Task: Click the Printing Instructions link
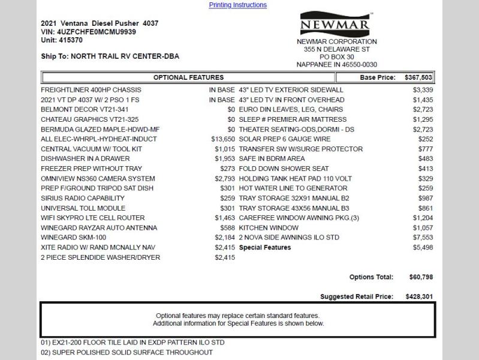point(237,5)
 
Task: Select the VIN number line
point(88,32)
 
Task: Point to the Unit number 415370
point(62,40)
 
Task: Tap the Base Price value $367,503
point(418,77)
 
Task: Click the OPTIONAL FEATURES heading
point(188,77)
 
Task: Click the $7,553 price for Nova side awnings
point(423,238)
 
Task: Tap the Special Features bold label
point(264,247)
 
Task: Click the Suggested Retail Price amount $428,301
point(418,296)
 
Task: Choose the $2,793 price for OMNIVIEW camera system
point(225,179)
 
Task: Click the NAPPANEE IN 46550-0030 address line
point(337,65)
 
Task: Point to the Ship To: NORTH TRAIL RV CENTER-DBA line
point(110,56)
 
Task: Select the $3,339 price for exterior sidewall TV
point(423,90)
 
